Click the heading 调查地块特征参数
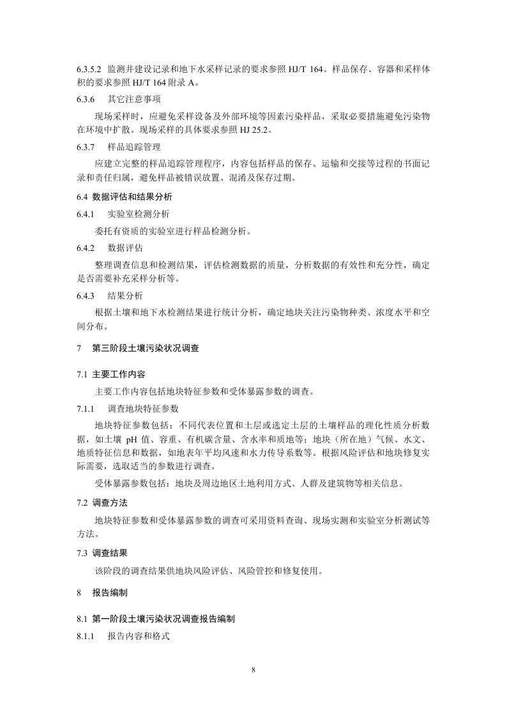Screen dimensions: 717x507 [x=143, y=407]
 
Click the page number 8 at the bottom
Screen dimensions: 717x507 [x=253, y=670]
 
